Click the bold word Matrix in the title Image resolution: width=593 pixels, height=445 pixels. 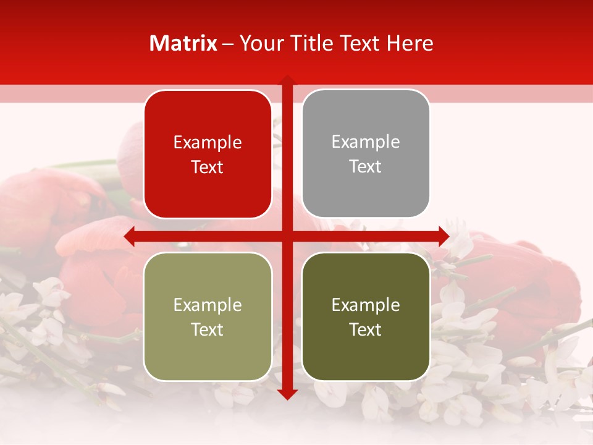pos(183,43)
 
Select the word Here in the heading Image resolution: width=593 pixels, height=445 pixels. pos(410,43)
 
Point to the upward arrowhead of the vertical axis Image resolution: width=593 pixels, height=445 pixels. pos(287,81)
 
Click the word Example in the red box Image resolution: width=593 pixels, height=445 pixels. pos(208,143)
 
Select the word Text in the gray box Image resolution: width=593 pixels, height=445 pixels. pos(366,167)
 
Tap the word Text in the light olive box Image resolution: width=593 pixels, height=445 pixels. pos(208,329)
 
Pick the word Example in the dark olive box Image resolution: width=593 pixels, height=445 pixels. pos(366,305)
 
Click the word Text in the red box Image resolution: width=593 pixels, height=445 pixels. pos(208,167)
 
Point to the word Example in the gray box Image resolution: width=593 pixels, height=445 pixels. pos(366,142)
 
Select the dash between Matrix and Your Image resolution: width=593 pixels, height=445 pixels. pos(228,44)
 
